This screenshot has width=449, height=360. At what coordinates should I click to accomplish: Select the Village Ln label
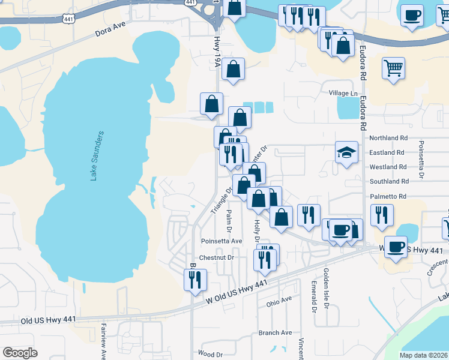[x=343, y=94]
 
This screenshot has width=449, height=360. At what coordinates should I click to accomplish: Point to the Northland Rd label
[x=388, y=138]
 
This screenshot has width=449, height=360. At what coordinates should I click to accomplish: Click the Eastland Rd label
[x=388, y=152]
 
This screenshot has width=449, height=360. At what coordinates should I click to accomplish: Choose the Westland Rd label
[x=388, y=167]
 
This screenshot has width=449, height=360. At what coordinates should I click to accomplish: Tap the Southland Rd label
[x=389, y=181]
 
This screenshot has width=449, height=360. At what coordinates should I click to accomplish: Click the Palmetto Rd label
[x=388, y=196]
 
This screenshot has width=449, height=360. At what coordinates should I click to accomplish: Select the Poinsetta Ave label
[x=221, y=241]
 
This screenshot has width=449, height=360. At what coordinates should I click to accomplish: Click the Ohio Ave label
[x=279, y=301]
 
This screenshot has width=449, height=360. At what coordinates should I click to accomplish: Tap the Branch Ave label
[x=275, y=332]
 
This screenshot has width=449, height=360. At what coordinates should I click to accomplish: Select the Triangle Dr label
[x=221, y=200]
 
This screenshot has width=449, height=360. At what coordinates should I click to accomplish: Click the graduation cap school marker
[x=346, y=152]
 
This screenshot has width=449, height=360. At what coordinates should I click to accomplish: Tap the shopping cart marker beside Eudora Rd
[x=393, y=69]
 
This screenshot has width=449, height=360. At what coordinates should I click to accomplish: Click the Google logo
[x=20, y=353]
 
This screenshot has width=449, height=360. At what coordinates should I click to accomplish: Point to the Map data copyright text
[x=423, y=355]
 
